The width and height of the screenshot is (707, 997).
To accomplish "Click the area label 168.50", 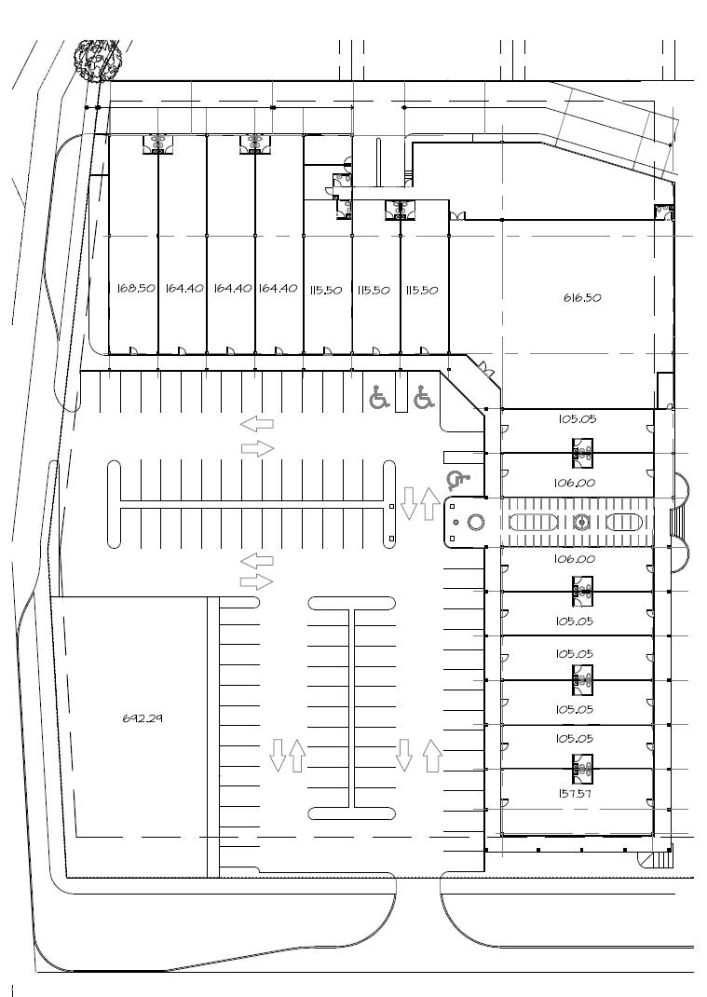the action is coord(136,288).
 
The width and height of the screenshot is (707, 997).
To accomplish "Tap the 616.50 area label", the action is coord(582,297).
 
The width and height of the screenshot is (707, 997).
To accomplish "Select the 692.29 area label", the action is coord(143,717).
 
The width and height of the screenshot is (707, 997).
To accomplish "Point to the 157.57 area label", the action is coord(574,794).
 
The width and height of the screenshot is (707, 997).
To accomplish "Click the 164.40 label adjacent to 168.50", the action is coord(184,288).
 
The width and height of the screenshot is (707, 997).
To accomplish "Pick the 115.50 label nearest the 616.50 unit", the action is coord(422,290).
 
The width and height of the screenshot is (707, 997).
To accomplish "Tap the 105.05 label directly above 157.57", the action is coord(574,738).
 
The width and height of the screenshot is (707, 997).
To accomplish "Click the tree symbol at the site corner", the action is coord(99,61).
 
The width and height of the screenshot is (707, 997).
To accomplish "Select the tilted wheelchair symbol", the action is coord(457,481).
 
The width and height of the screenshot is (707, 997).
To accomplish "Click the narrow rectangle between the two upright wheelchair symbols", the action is coord(401,394).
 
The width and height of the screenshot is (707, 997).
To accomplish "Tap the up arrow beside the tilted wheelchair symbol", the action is coord(429,503).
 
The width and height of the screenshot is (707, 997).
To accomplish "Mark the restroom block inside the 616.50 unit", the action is coord(664,212).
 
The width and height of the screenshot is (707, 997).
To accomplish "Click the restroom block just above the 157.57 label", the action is coord(582,768).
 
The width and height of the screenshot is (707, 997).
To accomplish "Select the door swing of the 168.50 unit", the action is coord(134,349).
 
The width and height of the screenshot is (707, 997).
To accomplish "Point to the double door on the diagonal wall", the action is coord(487,368).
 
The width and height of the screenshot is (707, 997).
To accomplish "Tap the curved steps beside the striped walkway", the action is coord(680,521).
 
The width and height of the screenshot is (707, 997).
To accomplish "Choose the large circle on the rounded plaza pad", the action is coord(476,522).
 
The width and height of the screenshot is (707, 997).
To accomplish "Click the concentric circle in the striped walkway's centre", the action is coord(581,522).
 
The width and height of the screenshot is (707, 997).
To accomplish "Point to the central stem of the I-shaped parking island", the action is coord(351,708).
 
